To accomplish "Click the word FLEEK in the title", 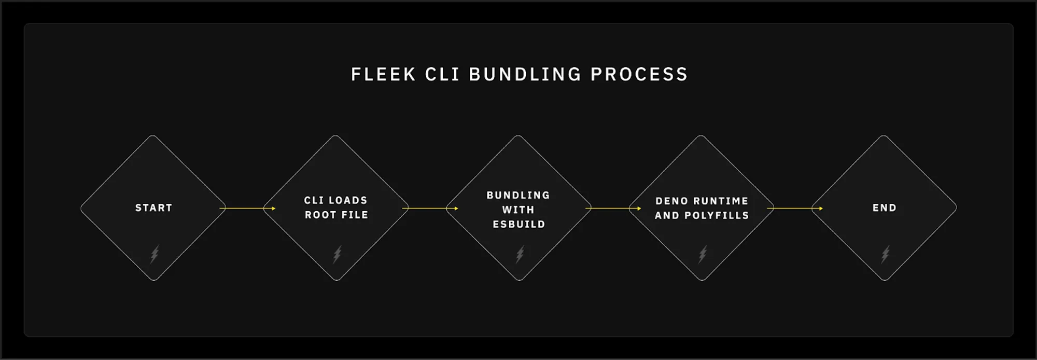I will [383, 74].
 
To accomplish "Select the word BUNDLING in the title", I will [525, 74].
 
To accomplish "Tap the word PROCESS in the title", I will [639, 74].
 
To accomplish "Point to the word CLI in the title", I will [442, 74].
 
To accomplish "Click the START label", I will [153, 208].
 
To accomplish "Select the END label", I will [884, 208].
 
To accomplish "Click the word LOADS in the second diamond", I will [348, 201].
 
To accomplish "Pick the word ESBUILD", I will [518, 225].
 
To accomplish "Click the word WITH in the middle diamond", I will [518, 210].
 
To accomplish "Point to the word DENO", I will [671, 201].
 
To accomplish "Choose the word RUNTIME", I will [721, 201].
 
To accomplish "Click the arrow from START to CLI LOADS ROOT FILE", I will [247, 209].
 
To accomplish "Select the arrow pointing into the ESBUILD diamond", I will [430, 209].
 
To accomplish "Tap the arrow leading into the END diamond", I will [795, 209].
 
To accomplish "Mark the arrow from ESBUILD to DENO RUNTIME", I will [613, 209].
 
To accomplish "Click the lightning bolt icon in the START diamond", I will [154, 254].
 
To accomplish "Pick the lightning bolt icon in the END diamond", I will [885, 254].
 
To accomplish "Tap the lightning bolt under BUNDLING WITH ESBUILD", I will [520, 254].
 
